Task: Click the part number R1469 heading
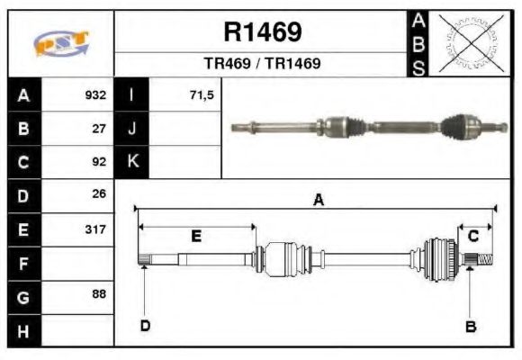[x=262, y=32]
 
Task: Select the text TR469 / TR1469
[x=262, y=65]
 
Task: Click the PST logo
[x=60, y=43]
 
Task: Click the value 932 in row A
[x=95, y=95]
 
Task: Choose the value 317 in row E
[x=95, y=229]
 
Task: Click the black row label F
[x=23, y=263]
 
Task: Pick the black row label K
[x=132, y=162]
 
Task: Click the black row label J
[x=132, y=129]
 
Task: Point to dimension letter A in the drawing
[x=318, y=201]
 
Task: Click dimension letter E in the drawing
[x=196, y=236]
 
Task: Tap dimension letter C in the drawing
[x=473, y=236]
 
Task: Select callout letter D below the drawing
[x=145, y=326]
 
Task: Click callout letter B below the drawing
[x=470, y=326]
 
